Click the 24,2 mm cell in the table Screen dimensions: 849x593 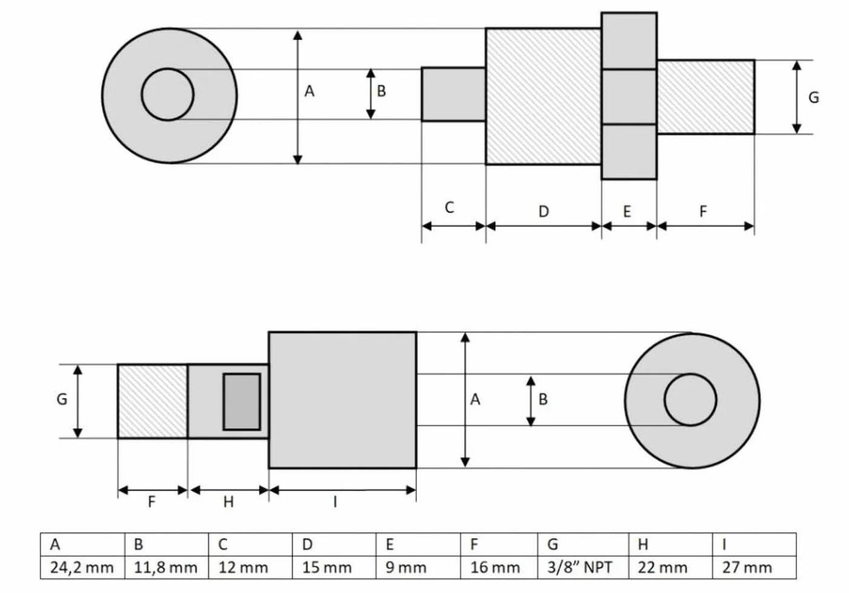point(82,567)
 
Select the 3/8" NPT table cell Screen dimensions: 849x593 point(583,567)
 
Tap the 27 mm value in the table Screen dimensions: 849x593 point(754,567)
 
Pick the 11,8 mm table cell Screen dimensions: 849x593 point(166,567)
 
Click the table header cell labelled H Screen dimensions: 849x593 point(670,545)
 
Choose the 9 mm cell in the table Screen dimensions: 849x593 point(418,567)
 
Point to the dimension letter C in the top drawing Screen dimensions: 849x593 point(449,208)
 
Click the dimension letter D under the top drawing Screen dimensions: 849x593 point(544,211)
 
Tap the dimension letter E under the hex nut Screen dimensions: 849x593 point(628,211)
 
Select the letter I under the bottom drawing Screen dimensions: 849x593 point(335,502)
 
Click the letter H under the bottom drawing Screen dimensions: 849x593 point(228,502)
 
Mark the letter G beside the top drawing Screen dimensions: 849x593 point(814,98)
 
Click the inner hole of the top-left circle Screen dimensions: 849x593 point(168,94)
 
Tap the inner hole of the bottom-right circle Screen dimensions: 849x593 point(690,400)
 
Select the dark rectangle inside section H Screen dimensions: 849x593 point(242,402)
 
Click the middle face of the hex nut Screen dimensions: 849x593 point(629,97)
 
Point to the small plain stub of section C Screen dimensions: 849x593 point(454,94)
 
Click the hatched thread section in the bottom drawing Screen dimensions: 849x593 point(152,401)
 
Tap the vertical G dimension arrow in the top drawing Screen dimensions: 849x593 point(797,97)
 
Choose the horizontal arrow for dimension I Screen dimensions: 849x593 point(343,490)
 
